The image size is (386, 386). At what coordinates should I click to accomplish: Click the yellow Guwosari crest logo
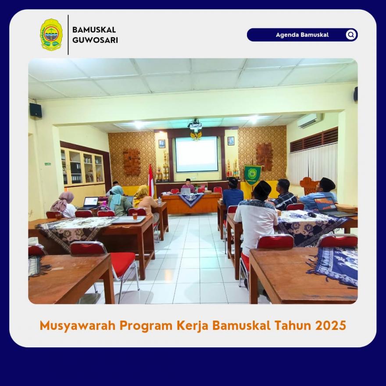coord(51,35)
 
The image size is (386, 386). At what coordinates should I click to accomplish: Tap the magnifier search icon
coord(351,35)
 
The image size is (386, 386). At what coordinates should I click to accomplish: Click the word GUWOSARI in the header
coord(95,40)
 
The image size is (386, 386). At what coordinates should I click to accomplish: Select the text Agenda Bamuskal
coord(302,35)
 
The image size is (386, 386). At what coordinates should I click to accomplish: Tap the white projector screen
coord(197,154)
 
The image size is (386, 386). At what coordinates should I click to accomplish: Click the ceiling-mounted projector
coord(195,125)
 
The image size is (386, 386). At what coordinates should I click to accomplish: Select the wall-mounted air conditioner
coord(310,120)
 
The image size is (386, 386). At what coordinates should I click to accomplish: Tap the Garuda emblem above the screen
coord(196,136)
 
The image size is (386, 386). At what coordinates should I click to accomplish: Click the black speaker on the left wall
coord(36,110)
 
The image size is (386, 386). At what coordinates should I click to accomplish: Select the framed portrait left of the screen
coord(162,143)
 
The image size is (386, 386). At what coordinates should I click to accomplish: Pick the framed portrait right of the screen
coord(231,141)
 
